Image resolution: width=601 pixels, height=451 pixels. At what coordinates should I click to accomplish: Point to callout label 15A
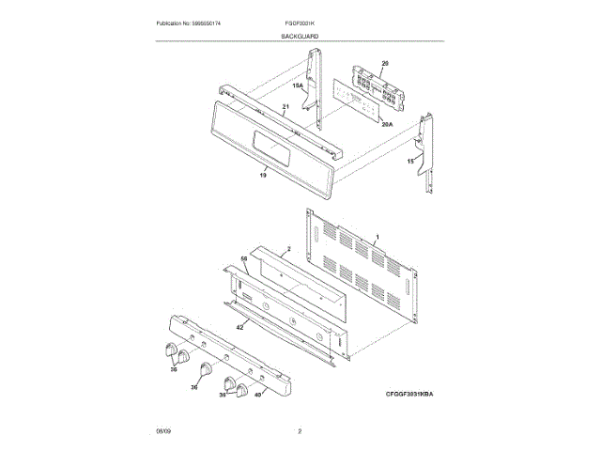298,86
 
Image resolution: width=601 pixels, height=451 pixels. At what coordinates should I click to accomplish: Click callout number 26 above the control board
383,63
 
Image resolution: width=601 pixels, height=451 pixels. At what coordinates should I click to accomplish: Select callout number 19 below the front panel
263,175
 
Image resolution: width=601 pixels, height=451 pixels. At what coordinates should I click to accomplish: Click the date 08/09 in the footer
163,431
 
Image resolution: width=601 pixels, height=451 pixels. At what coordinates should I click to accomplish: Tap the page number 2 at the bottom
300,431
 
